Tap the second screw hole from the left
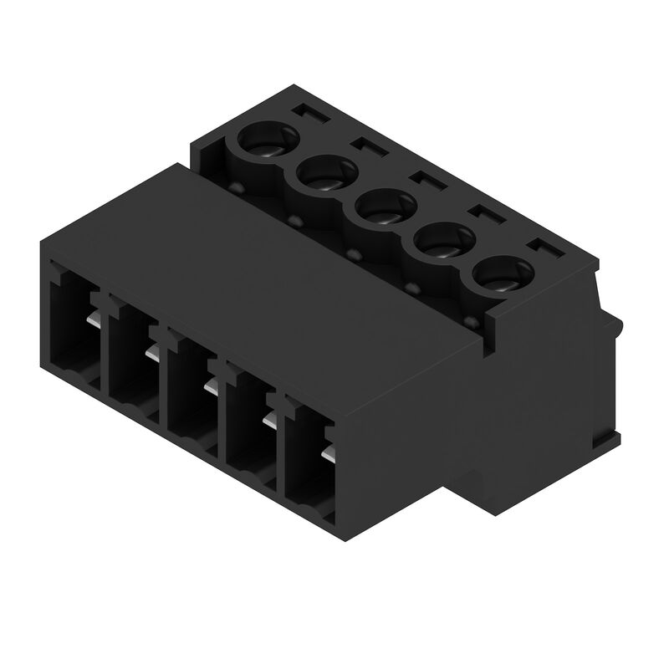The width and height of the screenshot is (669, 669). [324, 174]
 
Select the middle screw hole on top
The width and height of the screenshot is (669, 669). [384, 207]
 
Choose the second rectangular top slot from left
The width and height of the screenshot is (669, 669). [362, 145]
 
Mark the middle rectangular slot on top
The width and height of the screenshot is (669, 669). [421, 178]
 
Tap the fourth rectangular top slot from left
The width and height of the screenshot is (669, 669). [482, 212]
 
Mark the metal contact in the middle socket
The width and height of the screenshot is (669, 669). [211, 386]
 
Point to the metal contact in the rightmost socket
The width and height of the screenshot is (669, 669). [329, 452]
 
